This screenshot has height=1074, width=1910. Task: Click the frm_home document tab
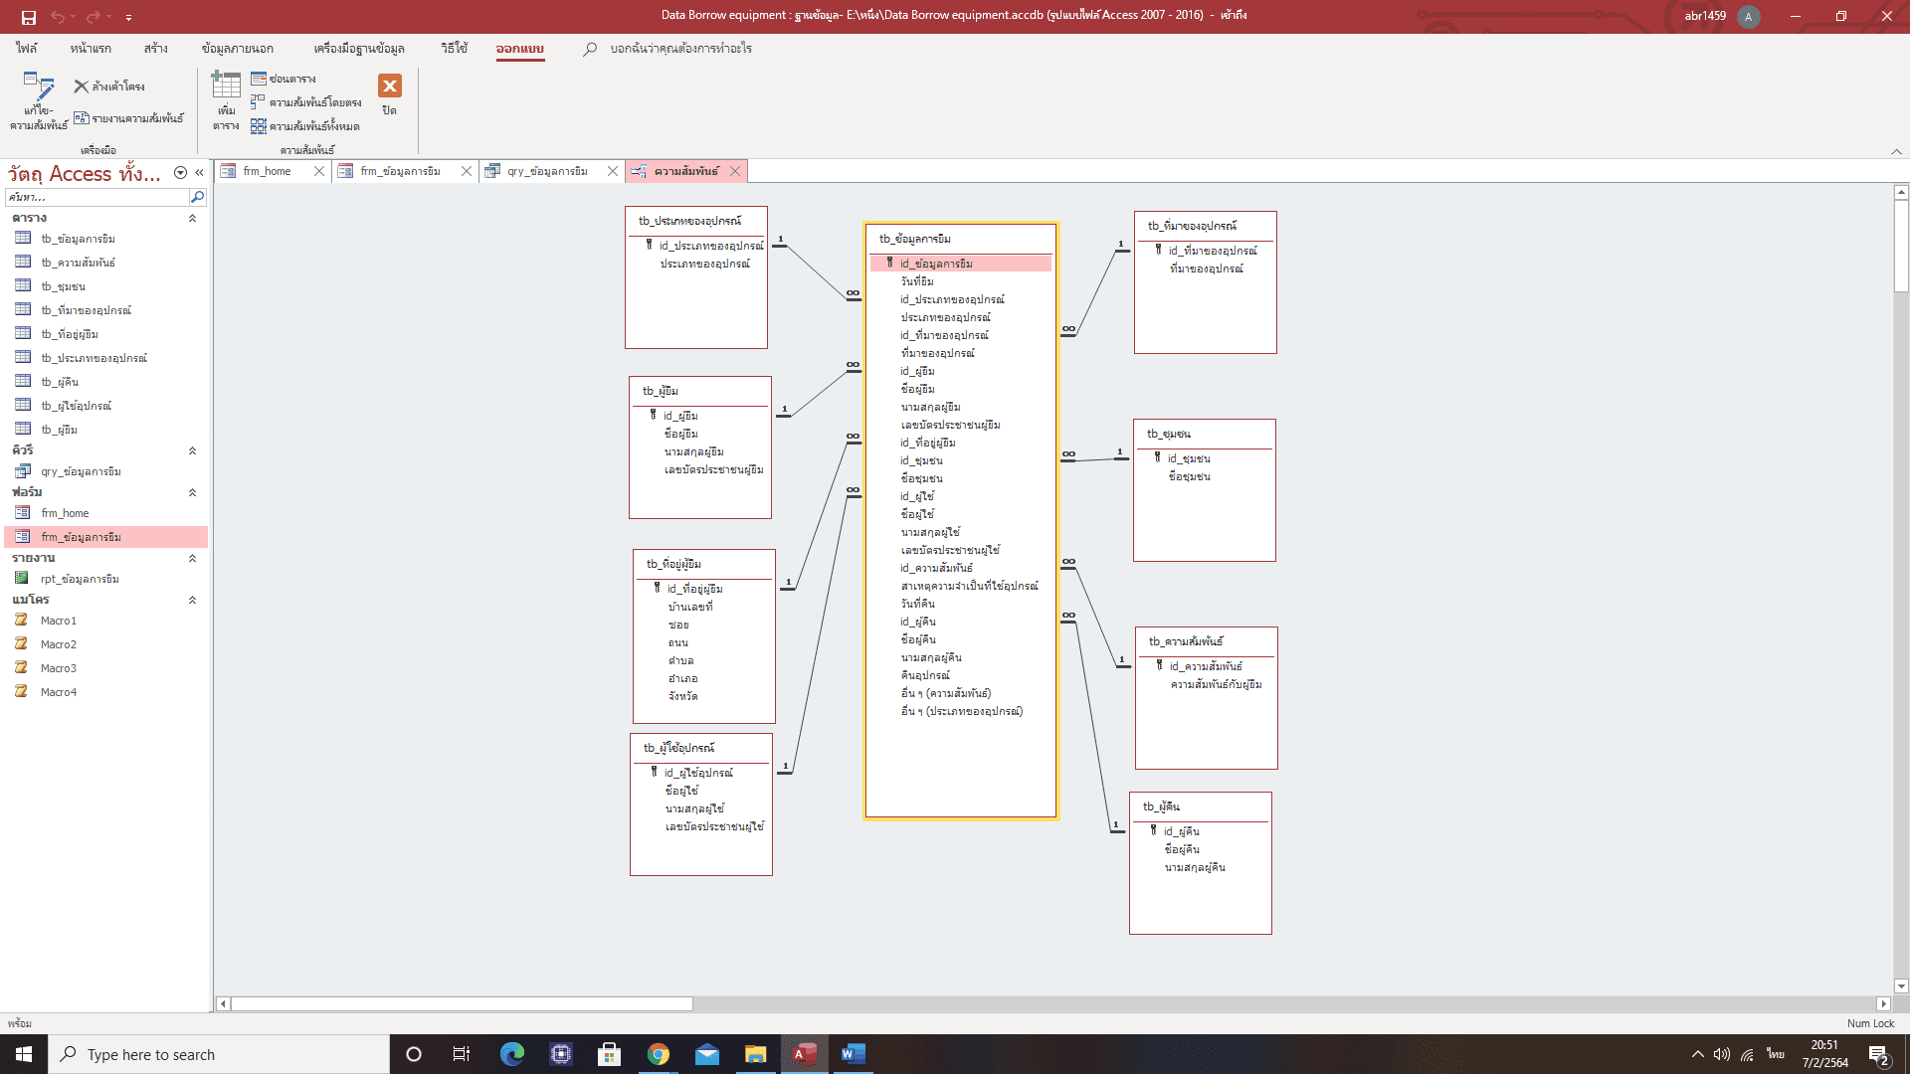click(x=267, y=171)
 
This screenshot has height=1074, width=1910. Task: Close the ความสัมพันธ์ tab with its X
click(x=735, y=171)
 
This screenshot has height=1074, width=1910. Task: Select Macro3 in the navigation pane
click(x=58, y=668)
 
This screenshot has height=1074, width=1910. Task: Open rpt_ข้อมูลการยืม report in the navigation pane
click(x=80, y=579)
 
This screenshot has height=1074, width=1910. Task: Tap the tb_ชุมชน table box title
click(x=1169, y=434)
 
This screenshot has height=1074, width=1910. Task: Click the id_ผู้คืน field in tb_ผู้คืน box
click(x=1182, y=831)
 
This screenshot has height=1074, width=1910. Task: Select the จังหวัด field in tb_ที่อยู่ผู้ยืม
click(x=682, y=696)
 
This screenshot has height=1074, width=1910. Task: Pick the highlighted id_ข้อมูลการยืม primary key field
click(x=936, y=264)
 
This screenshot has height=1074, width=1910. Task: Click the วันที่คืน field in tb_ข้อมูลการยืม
click(x=917, y=604)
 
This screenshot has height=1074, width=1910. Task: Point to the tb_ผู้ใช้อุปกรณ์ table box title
click(x=678, y=748)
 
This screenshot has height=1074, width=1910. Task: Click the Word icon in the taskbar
click(x=853, y=1054)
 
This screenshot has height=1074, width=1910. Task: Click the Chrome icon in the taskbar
click(x=658, y=1054)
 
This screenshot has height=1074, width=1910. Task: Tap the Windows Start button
click(x=24, y=1054)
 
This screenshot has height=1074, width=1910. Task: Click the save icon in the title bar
click(x=28, y=17)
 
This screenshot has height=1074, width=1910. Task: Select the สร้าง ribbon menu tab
click(x=155, y=49)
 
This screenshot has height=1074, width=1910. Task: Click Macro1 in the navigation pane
click(x=58, y=621)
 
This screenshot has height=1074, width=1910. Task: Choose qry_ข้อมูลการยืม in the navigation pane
click(x=81, y=471)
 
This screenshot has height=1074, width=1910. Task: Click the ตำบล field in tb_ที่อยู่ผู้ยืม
click(x=681, y=660)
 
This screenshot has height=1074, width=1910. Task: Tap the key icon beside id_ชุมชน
click(x=1158, y=457)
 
